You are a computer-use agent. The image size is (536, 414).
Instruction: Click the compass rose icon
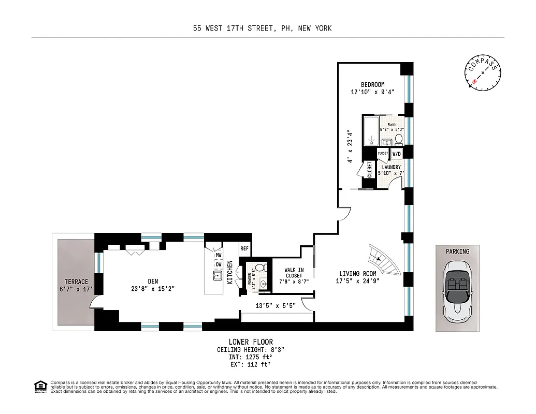tap(483, 73)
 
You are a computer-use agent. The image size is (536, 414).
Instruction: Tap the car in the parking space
tap(457, 289)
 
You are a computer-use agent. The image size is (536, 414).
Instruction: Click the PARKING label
tap(457, 252)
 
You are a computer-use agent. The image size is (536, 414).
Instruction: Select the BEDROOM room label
tap(372, 85)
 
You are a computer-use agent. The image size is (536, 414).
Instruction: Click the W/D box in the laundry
tap(396, 154)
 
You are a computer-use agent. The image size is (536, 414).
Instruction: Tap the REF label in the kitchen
tap(245, 248)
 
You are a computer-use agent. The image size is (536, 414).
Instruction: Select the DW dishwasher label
tap(219, 264)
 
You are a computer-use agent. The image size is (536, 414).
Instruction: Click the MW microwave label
tap(219, 255)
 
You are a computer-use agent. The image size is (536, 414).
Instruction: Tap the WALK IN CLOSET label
tap(294, 273)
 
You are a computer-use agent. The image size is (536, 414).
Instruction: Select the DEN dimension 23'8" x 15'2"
tap(153, 289)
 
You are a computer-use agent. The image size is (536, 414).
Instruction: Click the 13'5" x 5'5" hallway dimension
tap(276, 305)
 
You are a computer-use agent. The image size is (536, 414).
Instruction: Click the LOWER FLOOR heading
tap(251, 342)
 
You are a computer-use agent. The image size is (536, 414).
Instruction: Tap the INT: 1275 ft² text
tap(251, 357)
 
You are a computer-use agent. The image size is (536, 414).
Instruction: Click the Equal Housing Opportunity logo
tap(39, 387)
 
